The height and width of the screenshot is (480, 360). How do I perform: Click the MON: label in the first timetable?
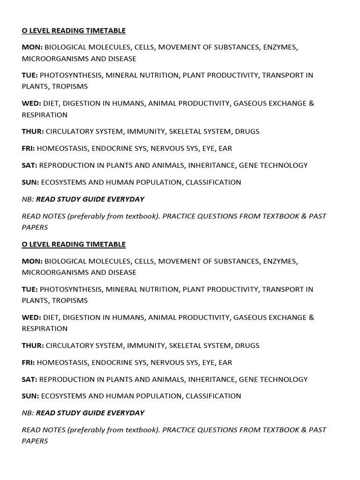pos(32,47)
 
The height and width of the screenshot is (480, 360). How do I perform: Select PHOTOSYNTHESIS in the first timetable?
pos(71,75)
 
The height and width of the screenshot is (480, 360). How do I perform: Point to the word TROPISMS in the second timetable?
pos(70,300)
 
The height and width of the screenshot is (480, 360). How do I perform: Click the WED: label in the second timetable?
pos(32,317)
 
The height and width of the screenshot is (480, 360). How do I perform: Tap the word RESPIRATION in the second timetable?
pos(45,329)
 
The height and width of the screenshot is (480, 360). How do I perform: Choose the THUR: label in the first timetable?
pos(33,132)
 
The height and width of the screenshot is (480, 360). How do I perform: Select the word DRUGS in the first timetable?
pos(247,132)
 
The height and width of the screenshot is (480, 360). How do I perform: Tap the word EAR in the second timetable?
pos(225,362)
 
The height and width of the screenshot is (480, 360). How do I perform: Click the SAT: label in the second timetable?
pos(30,379)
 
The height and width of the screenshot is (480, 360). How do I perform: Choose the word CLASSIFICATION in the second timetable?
pos(213,396)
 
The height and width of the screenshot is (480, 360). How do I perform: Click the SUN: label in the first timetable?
pos(30,182)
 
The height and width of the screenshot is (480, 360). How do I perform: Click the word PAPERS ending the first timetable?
pos(35,227)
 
